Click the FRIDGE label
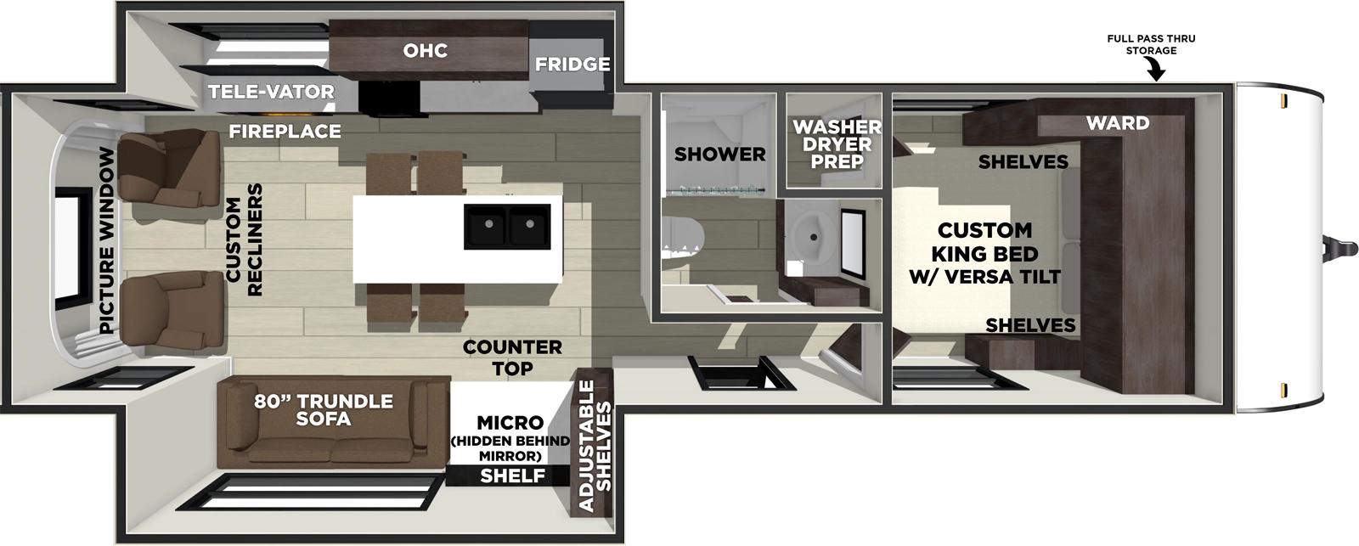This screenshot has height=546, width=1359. coord(572,64)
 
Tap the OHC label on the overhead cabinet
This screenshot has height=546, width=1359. coord(425,50)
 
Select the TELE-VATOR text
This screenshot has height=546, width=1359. coord(271,92)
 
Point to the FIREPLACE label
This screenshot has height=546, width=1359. coord(285,131)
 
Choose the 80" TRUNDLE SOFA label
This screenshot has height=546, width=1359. coord(324,410)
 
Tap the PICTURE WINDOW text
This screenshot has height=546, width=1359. coord(106,240)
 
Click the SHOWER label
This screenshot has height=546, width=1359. coord(719,155)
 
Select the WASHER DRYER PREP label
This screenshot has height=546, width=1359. coord(836,144)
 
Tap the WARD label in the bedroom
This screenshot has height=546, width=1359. coord(1117,123)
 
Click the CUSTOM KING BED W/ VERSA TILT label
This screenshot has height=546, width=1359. coord(984,253)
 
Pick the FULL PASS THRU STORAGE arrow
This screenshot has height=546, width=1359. coord(1155,72)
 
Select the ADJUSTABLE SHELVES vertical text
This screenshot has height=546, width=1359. coord(595,445)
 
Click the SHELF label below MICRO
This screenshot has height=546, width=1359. coord(511,476)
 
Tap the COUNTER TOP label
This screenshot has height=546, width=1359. coord(512,357)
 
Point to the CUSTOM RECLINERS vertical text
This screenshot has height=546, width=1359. coord(244,239)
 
